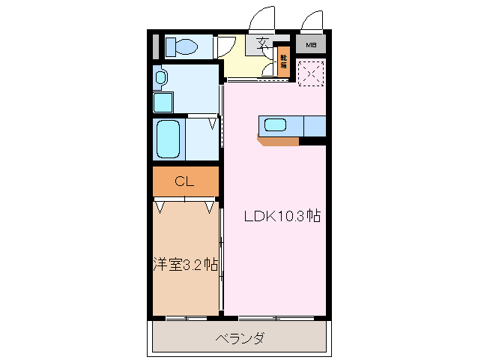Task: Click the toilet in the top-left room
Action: [x=181, y=46]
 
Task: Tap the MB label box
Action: [x=311, y=45]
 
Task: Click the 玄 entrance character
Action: [x=263, y=43]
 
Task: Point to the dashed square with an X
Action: [x=310, y=73]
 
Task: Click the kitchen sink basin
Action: [x=275, y=125]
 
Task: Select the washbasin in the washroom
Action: [x=160, y=76]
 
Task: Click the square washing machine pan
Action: [x=163, y=101]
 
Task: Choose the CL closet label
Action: [x=184, y=181]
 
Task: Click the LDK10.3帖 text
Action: [x=282, y=217]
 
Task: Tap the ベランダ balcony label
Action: [x=240, y=338]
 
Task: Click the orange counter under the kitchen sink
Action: [x=278, y=140]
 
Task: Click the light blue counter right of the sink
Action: [x=314, y=125]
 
